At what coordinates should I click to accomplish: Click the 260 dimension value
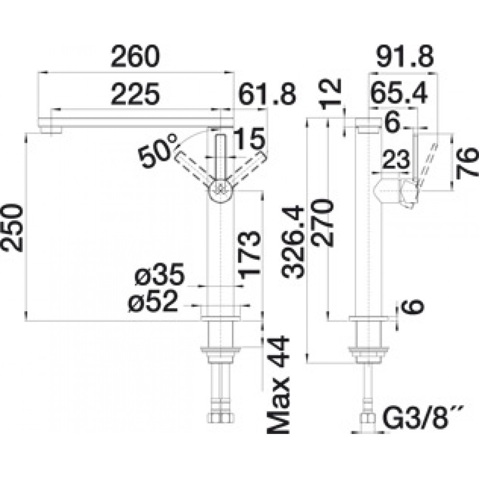tap(136, 57)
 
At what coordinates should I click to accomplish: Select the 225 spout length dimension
tap(136, 94)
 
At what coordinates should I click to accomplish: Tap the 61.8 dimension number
tap(267, 94)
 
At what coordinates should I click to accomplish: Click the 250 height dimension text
tap(12, 228)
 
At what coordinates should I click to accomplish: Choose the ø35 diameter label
tap(160, 274)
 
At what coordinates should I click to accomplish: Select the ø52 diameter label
tap(153, 301)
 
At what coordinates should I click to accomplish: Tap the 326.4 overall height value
tap(293, 242)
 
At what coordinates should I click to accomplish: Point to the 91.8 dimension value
tap(405, 57)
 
